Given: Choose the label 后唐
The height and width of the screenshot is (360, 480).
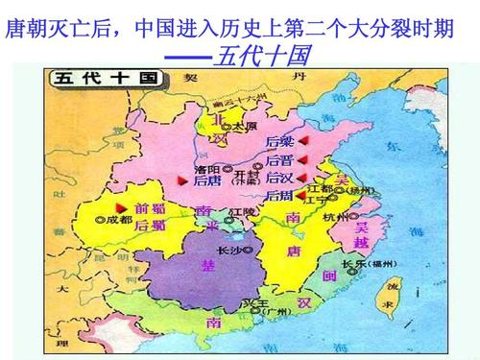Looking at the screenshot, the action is click(206, 180).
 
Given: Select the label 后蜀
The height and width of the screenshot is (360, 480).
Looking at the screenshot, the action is click(150, 226).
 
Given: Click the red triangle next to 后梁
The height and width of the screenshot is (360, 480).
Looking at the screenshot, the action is click(303, 141).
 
